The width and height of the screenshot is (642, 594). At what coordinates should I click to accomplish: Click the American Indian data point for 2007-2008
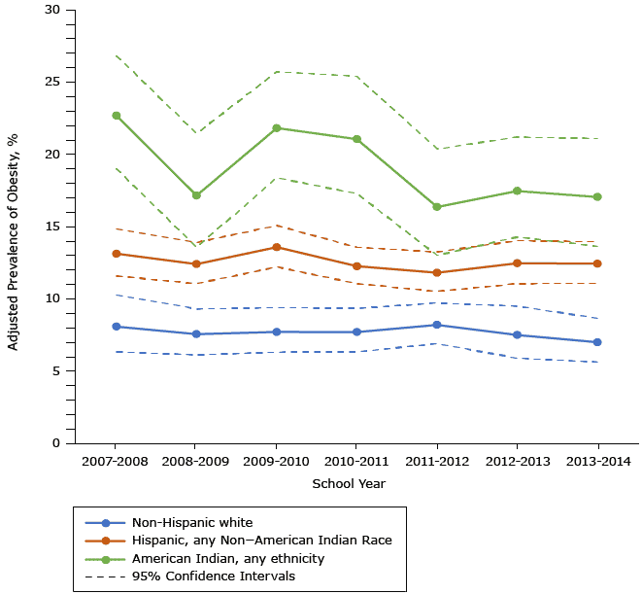coord(117,116)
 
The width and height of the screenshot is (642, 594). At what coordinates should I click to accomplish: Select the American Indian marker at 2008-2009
coord(196,195)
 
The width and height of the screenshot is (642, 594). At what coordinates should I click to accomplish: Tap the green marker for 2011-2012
coord(436,207)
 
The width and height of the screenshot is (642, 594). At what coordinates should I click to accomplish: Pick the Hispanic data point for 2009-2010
coord(277,247)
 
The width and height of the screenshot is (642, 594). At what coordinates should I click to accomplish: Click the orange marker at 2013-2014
coord(596,263)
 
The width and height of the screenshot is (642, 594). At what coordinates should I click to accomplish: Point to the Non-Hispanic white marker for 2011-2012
coord(436,325)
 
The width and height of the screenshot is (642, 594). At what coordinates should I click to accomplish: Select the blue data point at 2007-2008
coord(117,327)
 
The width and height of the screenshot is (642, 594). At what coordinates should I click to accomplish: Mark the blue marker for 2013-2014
coord(596,342)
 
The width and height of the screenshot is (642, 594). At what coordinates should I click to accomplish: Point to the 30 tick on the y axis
coord(52,10)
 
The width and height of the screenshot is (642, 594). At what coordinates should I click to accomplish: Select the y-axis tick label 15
coord(52,227)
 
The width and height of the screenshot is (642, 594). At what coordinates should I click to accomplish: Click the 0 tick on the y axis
coord(56,443)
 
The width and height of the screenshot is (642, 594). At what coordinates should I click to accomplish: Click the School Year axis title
coord(349,483)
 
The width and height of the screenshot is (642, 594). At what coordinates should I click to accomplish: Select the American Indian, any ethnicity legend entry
coord(227,558)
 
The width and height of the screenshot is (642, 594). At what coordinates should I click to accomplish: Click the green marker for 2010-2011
coord(356,139)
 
